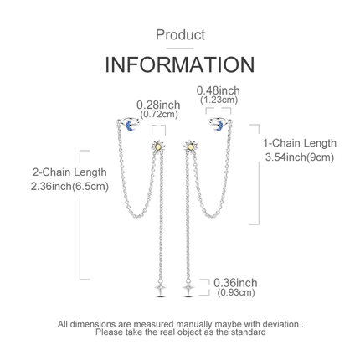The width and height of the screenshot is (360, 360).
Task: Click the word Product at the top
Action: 180,35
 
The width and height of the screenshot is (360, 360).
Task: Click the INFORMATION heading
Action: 180,64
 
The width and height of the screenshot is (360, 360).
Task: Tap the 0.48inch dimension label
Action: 219,90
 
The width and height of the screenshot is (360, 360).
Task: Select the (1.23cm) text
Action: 219,100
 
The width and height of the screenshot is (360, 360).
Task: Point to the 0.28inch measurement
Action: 158,105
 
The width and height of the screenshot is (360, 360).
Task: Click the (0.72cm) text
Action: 159,114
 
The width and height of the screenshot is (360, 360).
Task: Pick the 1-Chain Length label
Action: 300,143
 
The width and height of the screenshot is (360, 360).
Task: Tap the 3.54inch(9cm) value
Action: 300,157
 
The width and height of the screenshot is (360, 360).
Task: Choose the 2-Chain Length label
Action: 69,172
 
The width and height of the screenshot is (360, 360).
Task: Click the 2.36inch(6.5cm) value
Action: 69,186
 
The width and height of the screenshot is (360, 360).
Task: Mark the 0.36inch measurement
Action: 235,283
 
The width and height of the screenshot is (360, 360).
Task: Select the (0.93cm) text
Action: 236,292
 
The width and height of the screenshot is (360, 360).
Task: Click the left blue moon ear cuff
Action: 128,124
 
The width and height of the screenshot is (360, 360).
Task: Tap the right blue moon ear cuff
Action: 220,124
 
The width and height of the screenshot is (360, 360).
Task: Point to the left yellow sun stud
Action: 158,147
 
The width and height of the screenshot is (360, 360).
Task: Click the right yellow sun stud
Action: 191,147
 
